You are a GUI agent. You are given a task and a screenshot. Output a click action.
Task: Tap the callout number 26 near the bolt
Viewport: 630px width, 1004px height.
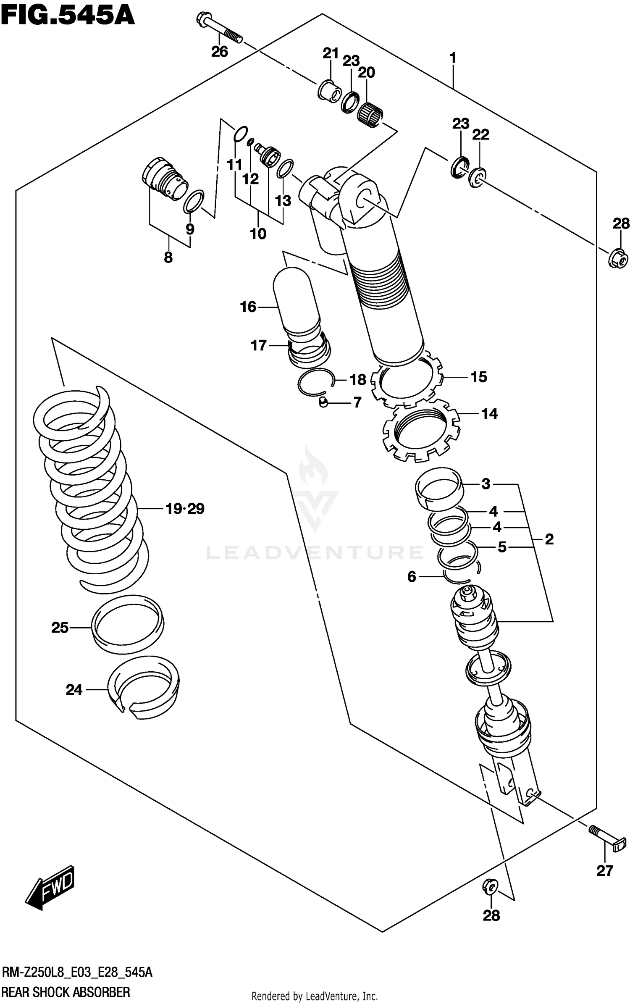point(219,52)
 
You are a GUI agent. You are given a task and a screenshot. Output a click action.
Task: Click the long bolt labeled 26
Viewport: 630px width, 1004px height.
point(218,28)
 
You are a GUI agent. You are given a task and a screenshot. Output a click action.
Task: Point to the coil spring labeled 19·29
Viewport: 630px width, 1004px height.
point(90,487)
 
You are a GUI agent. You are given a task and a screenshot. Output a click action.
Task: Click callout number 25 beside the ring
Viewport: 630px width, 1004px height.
point(60,628)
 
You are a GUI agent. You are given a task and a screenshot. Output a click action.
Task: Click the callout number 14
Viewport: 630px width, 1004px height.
point(489,414)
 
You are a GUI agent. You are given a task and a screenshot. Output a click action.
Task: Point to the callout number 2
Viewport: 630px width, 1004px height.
point(549,539)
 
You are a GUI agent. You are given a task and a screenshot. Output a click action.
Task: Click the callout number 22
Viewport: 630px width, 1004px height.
point(480,135)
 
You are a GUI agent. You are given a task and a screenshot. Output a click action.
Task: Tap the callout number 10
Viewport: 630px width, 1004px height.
point(258,234)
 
